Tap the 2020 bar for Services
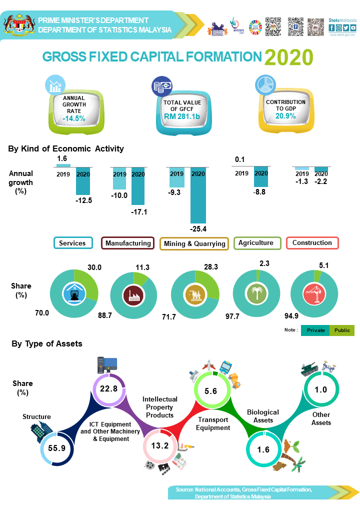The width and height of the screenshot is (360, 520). [83, 181]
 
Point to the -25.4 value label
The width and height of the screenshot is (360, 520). [198, 229]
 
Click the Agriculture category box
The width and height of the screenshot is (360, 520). [256, 243]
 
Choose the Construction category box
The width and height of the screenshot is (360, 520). [312, 243]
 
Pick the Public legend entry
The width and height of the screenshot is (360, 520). [342, 330]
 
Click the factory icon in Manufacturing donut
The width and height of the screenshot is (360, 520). [133, 295]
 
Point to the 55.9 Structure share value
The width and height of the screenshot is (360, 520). [56, 448]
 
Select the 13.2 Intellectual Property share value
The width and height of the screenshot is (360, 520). [159, 445]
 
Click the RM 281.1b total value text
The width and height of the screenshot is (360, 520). [182, 116]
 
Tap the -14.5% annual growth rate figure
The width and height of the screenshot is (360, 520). [74, 118]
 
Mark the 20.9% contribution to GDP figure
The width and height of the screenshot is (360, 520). [285, 116]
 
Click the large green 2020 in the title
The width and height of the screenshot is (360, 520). [288, 57]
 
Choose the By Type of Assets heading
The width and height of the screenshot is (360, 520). [47, 343]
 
